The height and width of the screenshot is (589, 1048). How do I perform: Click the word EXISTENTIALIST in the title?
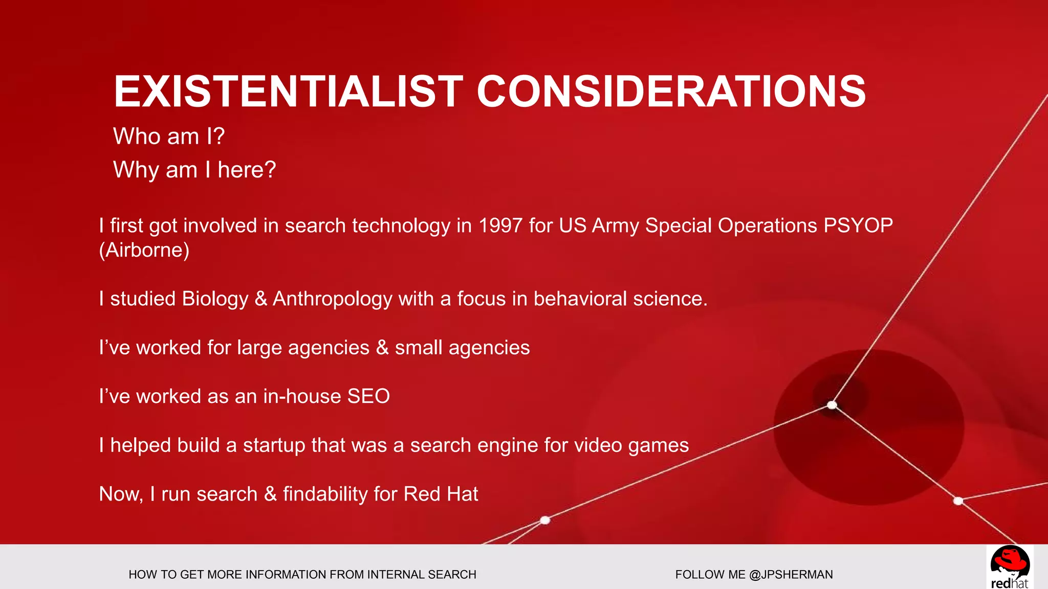tap(288, 92)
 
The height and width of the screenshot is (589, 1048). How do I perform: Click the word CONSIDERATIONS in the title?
tap(671, 92)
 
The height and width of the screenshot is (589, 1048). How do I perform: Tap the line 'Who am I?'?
tap(169, 137)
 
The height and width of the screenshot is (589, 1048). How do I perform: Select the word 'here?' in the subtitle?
tap(247, 170)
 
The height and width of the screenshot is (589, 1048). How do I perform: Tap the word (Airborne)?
tap(144, 250)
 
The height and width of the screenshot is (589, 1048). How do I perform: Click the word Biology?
tap(215, 299)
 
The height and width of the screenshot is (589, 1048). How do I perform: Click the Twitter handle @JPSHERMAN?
tap(791, 575)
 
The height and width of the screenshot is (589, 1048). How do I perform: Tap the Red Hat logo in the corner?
tap(1009, 567)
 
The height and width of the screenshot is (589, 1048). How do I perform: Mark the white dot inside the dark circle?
tap(832, 405)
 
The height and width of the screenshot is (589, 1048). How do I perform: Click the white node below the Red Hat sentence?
tap(545, 520)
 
